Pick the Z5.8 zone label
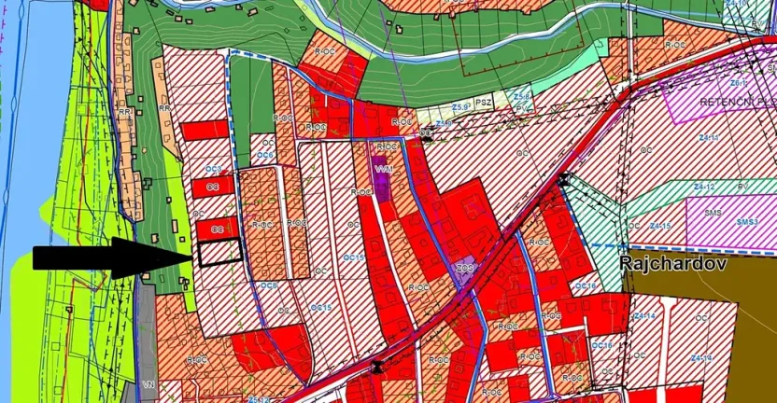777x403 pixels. [522, 96]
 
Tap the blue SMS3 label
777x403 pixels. [746, 222]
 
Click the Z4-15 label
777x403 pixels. [660, 226]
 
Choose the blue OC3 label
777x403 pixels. [214, 169]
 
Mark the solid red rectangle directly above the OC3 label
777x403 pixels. [205, 131]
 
